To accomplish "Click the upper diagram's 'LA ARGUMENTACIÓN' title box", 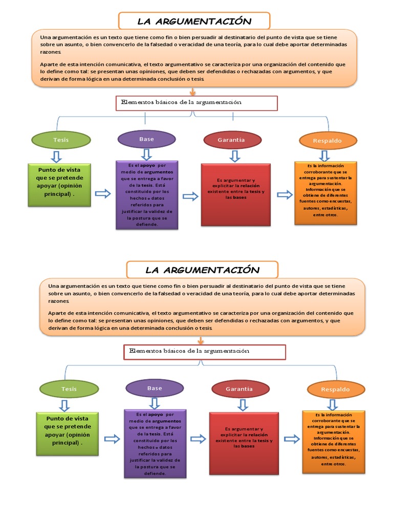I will click(x=194, y=21).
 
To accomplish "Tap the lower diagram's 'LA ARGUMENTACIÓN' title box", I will click(x=202, y=270).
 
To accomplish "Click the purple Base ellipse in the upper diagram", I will click(x=146, y=139).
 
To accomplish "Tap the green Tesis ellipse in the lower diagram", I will click(x=69, y=389).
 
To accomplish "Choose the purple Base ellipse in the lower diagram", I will click(x=155, y=388).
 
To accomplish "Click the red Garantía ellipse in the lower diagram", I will click(x=239, y=389).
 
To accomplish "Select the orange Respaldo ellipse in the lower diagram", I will click(x=335, y=389).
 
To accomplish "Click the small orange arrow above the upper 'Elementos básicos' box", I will click(x=192, y=92).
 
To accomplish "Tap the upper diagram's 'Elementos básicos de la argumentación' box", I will click(x=196, y=103).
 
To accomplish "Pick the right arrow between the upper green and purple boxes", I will click(x=103, y=193).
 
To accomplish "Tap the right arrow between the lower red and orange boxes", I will click(x=291, y=439).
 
